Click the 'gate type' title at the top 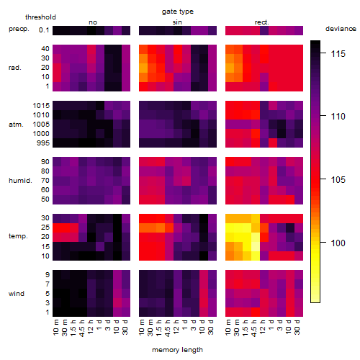pos(178,12)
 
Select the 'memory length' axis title pos(177,350)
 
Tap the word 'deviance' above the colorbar pos(341,29)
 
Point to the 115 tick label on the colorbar pos(338,54)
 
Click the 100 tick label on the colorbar pos(338,243)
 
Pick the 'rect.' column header pos(261,22)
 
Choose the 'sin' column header pos(177,22)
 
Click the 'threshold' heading pos(40,17)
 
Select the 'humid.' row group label pos(20,181)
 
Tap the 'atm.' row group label pos(16,125)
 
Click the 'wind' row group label pos(17,294)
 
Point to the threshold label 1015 pos(41,106)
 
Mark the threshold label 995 pos(43,143)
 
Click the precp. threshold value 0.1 pos(44,30)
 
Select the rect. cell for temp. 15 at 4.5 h pos(256,246)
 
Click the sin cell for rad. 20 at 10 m pos(143,68)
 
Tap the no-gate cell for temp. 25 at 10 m pos(57,228)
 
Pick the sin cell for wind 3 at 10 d pos(204,303)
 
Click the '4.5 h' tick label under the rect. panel pos(254,328)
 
